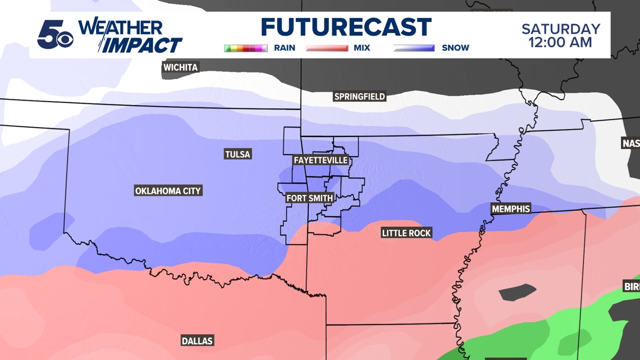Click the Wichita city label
[180, 67]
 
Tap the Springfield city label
[359, 97]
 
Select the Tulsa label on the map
[237, 154]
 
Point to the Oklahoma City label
[168, 191]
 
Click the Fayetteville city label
[321, 161]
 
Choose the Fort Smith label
[310, 198]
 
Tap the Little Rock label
[406, 233]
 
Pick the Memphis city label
[511, 209]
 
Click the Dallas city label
[197, 341]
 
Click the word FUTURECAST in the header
[346, 28]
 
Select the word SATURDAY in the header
[561, 29]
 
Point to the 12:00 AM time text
[561, 43]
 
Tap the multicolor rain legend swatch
[246, 48]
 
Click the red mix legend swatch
[327, 48]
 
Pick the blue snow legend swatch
[414, 48]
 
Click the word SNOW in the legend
[455, 48]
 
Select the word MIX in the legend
[362, 48]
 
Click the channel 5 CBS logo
[54, 35]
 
